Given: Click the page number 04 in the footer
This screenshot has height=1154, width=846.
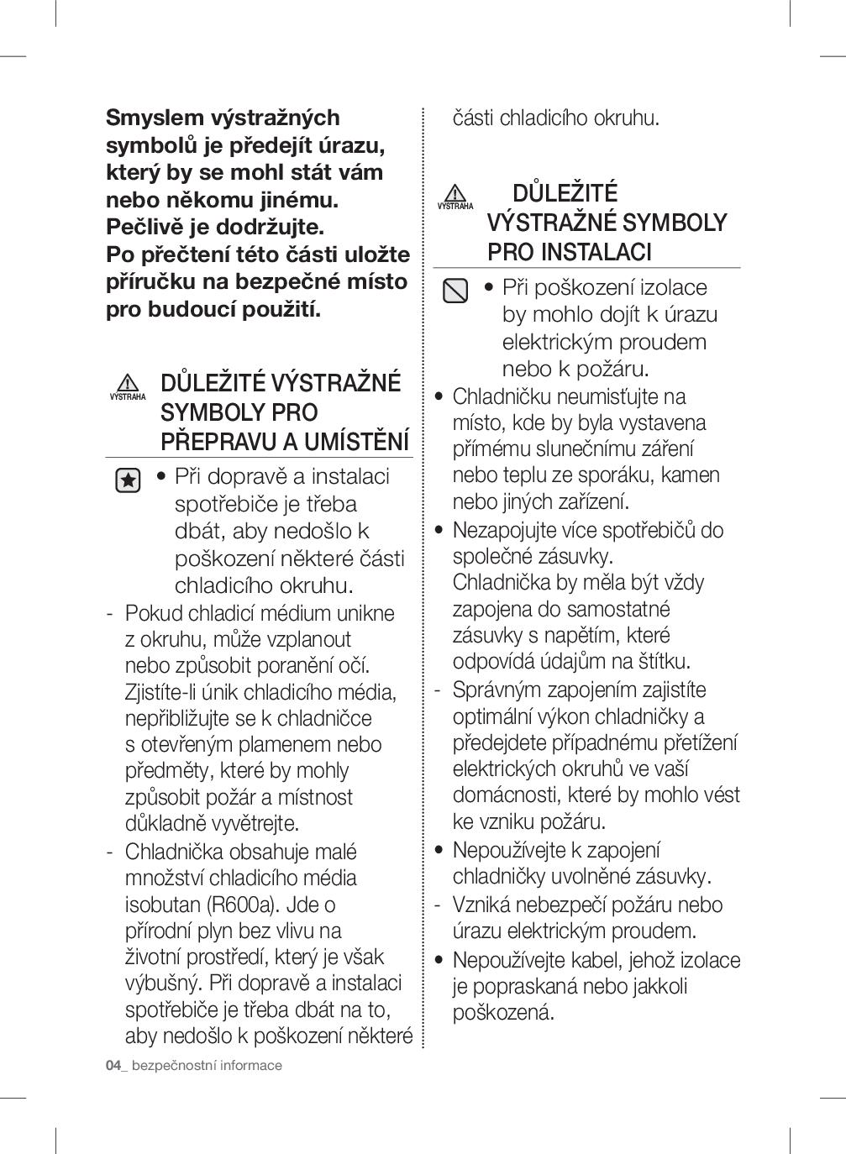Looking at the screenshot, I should click(113, 1065).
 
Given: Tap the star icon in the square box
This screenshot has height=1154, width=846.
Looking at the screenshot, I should click(128, 480).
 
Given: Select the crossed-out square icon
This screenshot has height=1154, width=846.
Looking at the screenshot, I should click(455, 291).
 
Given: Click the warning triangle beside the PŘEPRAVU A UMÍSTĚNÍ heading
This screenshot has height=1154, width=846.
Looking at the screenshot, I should click(128, 382).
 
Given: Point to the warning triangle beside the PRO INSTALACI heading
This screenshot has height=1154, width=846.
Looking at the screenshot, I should click(455, 192).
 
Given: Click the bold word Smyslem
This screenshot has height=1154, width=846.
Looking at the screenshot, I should click(154, 118).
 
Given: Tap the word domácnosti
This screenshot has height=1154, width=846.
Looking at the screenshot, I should click(507, 795).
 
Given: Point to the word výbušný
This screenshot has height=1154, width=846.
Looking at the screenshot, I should click(163, 983).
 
